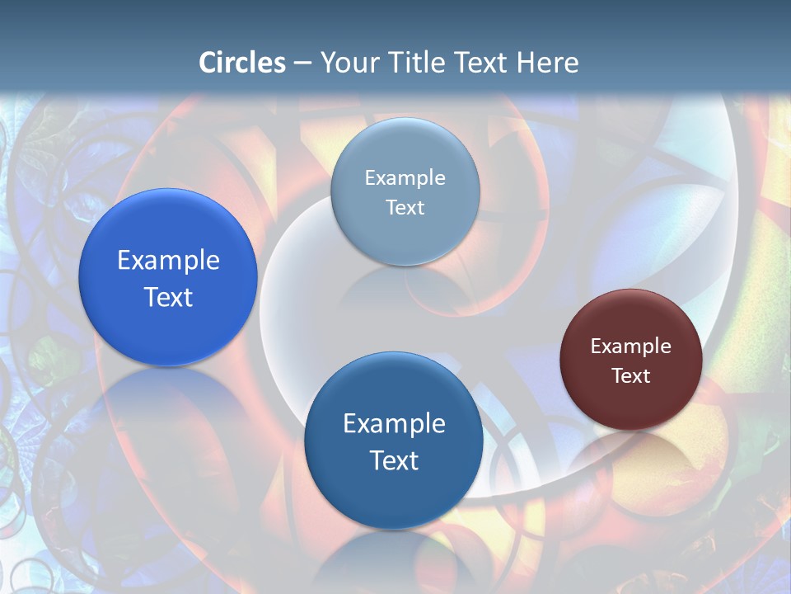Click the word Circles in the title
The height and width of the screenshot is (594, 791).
pos(241,63)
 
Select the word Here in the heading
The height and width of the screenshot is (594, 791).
pos(548,63)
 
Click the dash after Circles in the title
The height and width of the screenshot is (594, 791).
pos(302,64)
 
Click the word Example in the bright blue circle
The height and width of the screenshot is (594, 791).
pos(168,260)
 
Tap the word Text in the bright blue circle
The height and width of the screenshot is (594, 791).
pos(168,297)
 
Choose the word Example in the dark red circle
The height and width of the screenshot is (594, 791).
pos(631,346)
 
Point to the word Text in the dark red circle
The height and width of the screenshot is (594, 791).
pos(631,376)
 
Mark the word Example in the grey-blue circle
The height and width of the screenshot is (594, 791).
pos(405,178)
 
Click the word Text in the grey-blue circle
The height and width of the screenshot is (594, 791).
pos(405,208)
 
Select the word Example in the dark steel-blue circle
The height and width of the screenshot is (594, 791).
pos(394,423)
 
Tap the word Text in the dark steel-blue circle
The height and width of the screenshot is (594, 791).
pos(394,460)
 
